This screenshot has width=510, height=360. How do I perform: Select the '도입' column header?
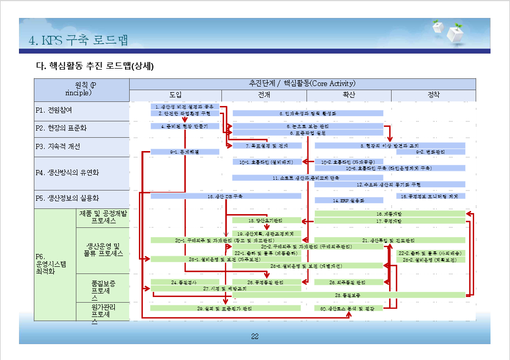[x=175, y=95]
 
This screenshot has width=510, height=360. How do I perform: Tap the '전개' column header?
[x=264, y=95]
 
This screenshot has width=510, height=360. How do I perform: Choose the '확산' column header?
[x=349, y=95]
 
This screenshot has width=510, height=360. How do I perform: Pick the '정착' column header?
[x=434, y=95]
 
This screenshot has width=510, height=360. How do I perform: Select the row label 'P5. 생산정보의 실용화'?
[x=67, y=198]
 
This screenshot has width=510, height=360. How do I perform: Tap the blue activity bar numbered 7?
[x=267, y=145]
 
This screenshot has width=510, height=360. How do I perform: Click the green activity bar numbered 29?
[x=225, y=308]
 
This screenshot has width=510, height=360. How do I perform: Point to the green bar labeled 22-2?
[x=431, y=253]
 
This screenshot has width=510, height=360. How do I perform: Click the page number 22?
[x=255, y=336]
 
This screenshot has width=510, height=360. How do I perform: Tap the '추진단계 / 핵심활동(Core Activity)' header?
[x=302, y=83]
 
